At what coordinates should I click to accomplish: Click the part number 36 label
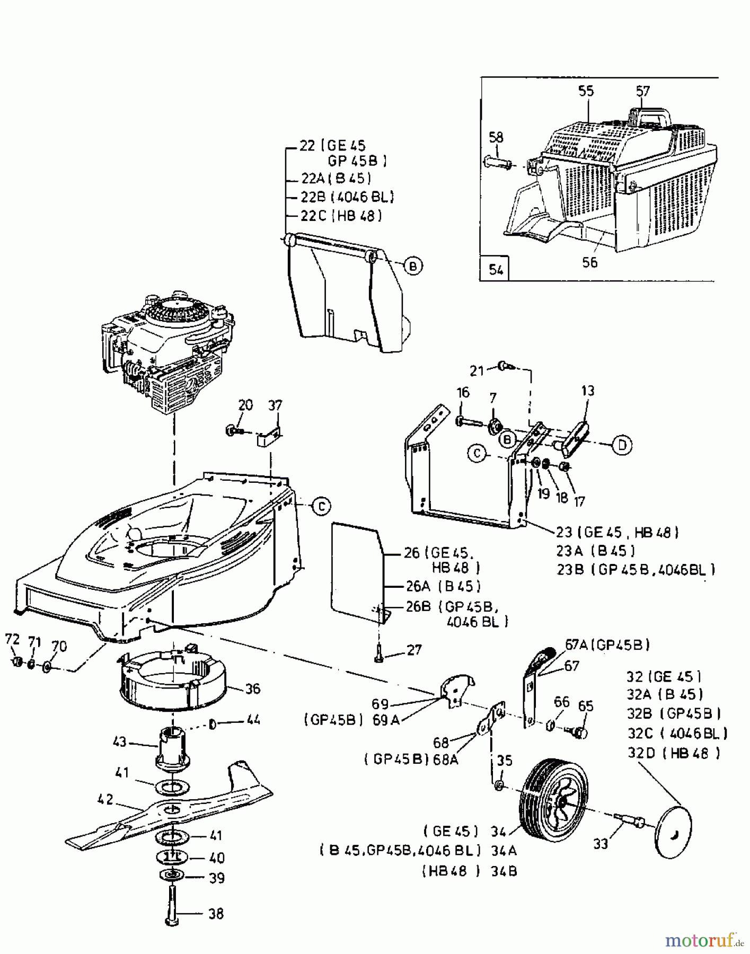coord(253,688)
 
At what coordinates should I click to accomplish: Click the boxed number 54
coord(496,269)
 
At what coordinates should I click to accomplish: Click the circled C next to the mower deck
coord(321,506)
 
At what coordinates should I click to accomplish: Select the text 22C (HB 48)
coord(341,216)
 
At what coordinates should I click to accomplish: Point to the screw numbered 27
coord(378,653)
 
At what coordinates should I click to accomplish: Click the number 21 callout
coord(477,370)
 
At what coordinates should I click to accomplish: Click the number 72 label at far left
coord(12,640)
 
